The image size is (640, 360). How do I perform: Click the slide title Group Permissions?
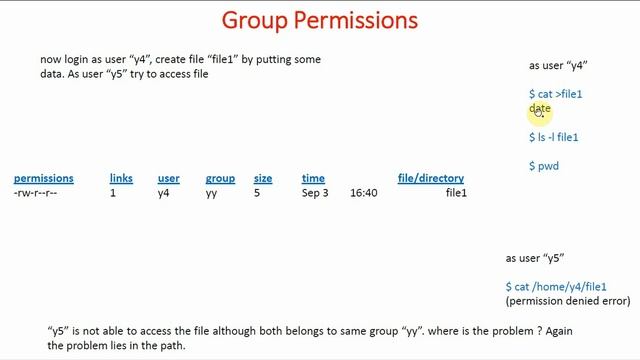pos(319,20)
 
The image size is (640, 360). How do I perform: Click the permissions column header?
pos(43,178)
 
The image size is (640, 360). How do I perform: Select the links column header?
pos(121,178)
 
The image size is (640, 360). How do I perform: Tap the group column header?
pos(220,178)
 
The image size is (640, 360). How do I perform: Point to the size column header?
pos(263,178)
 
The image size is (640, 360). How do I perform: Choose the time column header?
pos(313,178)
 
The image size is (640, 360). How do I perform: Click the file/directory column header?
pos(431,178)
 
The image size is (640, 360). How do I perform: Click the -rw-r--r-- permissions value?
pos(35,192)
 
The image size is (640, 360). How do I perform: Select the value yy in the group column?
pos(212,192)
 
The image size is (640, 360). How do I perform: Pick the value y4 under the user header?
pos(164,192)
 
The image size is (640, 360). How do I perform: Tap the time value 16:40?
pos(363,192)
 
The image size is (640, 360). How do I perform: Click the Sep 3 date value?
pos(315,192)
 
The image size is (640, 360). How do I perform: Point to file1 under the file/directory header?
pos(456,192)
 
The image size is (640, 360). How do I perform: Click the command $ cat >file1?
pos(555,94)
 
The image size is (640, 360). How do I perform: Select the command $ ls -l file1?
pos(553,137)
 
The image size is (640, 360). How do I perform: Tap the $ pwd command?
pos(544,166)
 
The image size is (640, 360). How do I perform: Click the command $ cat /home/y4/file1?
pos(556,287)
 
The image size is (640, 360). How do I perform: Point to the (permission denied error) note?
pos(568,300)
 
